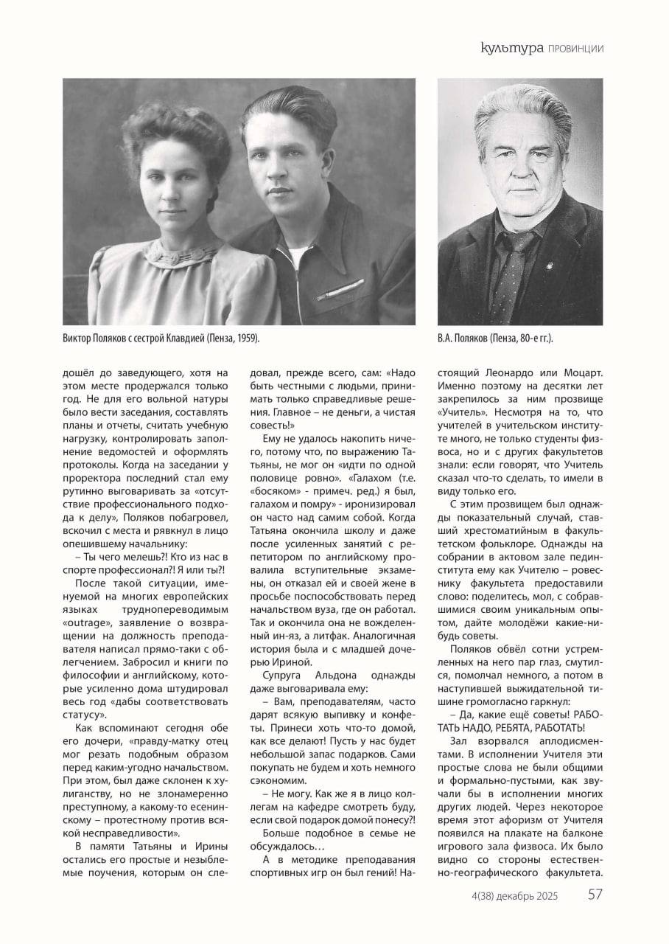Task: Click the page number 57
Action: (596, 895)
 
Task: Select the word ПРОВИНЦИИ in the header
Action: (575, 49)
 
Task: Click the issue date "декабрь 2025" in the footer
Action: (527, 896)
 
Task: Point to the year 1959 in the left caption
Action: (247, 338)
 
